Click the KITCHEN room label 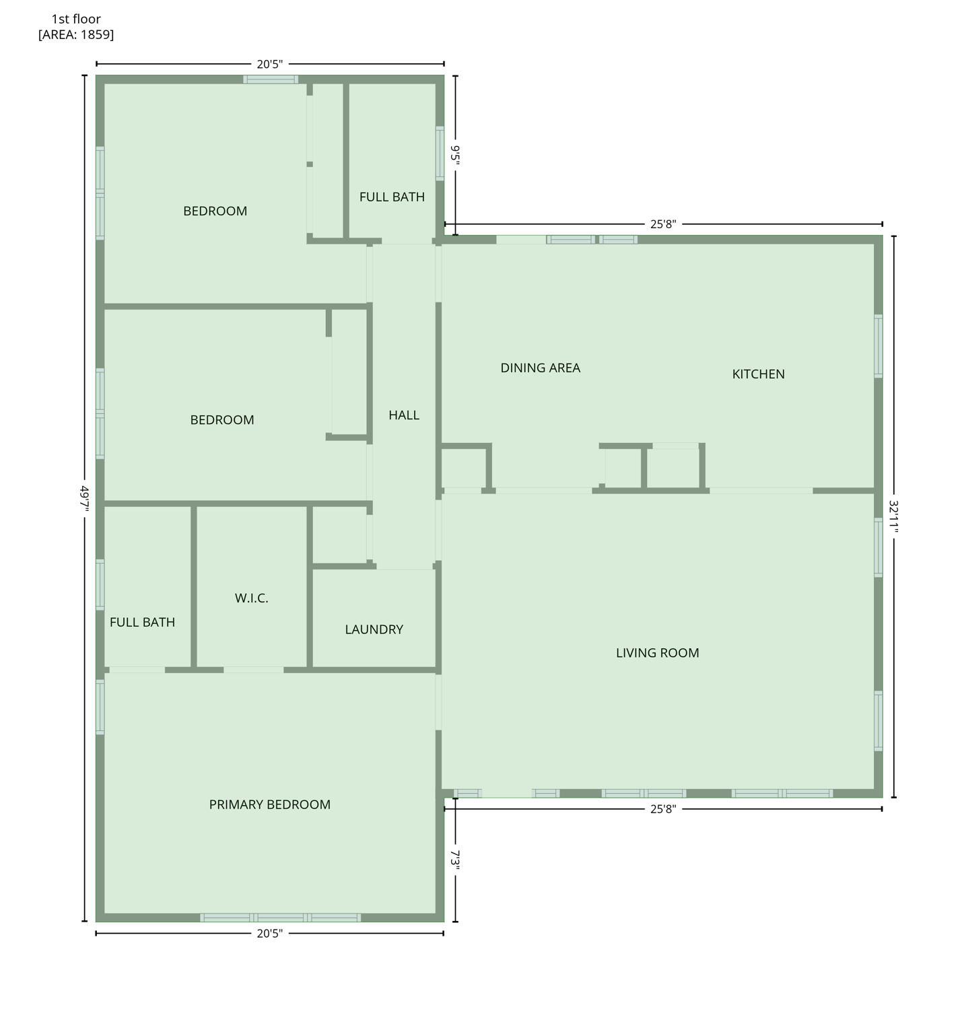(758, 374)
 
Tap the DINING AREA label (540, 368)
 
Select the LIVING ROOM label (657, 653)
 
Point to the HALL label (404, 415)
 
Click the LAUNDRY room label (374, 629)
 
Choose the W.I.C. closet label (251, 598)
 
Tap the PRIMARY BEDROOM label (269, 804)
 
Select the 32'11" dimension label (893, 516)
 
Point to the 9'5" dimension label (456, 155)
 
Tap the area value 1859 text (96, 35)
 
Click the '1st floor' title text (76, 19)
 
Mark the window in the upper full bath (440, 153)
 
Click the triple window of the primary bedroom (280, 918)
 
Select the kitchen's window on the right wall (878, 346)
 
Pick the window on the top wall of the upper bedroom (270, 79)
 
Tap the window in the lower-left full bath (100, 584)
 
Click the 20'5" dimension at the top (269, 65)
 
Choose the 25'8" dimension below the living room (662, 809)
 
